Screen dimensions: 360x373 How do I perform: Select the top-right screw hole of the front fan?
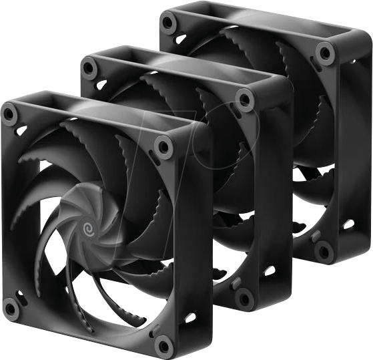point(162,146)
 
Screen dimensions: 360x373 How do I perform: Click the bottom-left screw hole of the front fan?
point(11,308)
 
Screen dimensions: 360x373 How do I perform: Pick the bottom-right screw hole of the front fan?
point(163,345)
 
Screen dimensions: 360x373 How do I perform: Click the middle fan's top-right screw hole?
point(245,100)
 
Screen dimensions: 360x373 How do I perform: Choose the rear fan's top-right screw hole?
point(325,53)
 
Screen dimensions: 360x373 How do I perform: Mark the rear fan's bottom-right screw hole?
point(324,251)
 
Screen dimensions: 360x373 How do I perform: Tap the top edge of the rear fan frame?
point(254,20)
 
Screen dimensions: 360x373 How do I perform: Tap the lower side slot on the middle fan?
point(270,271)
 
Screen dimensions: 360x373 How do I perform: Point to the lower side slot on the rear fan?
point(348,224)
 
